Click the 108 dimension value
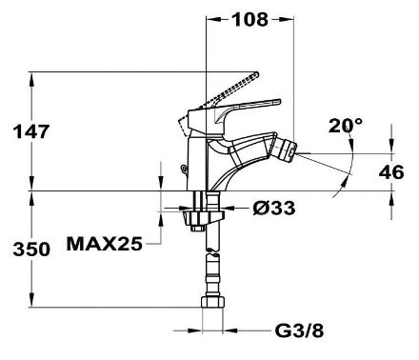point(250,20)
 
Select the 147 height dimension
point(31,131)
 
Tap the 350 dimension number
point(31,250)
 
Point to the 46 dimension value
point(391,172)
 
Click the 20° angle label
point(346,126)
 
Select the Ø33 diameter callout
point(274,209)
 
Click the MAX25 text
point(105,244)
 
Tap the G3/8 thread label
point(299,331)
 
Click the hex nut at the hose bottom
point(213,302)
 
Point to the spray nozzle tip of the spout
point(290,150)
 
